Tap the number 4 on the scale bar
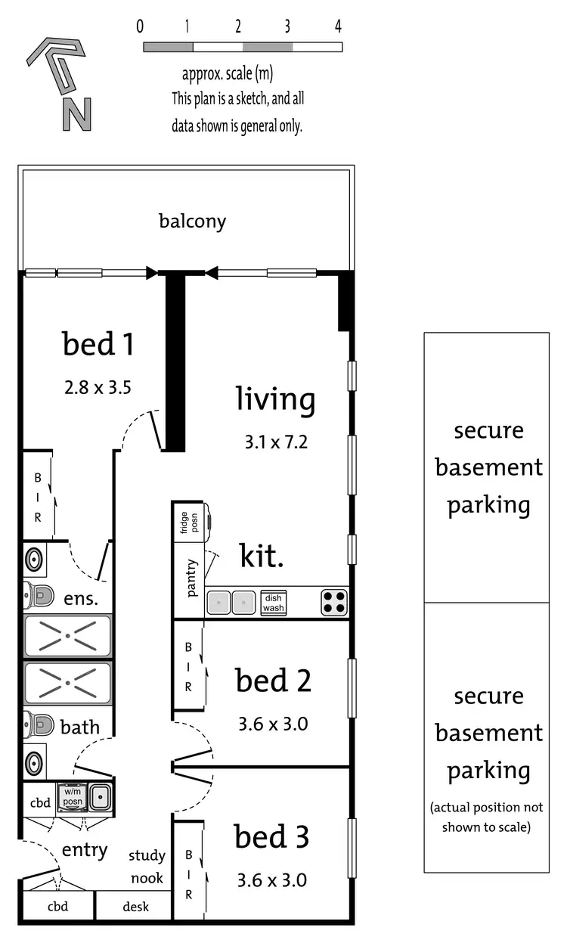click(338, 26)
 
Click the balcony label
click(192, 222)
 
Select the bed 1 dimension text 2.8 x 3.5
click(98, 388)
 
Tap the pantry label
click(191, 578)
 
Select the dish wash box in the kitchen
click(274, 603)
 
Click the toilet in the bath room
click(38, 724)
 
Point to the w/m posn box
click(73, 797)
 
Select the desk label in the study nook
click(136, 907)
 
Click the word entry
click(85, 850)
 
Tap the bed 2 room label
click(273, 680)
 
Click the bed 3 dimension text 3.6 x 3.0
click(272, 880)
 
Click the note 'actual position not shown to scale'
click(487, 817)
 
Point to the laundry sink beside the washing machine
click(100, 797)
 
